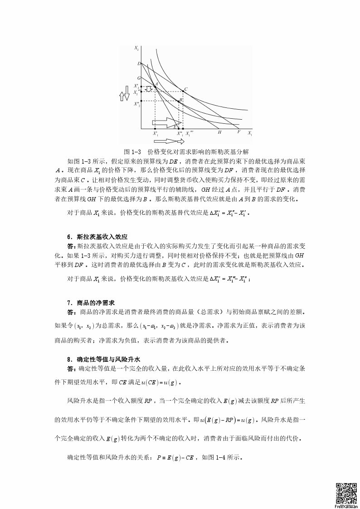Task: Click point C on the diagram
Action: point(182,91)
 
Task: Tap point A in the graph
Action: point(156,86)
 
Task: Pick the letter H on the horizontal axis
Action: point(219,132)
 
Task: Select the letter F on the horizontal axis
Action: point(238,132)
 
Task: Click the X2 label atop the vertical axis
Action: point(136,47)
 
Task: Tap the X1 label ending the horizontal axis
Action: point(249,133)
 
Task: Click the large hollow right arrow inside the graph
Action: point(167,122)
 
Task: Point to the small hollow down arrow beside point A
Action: point(149,89)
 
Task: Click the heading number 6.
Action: point(69,237)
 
